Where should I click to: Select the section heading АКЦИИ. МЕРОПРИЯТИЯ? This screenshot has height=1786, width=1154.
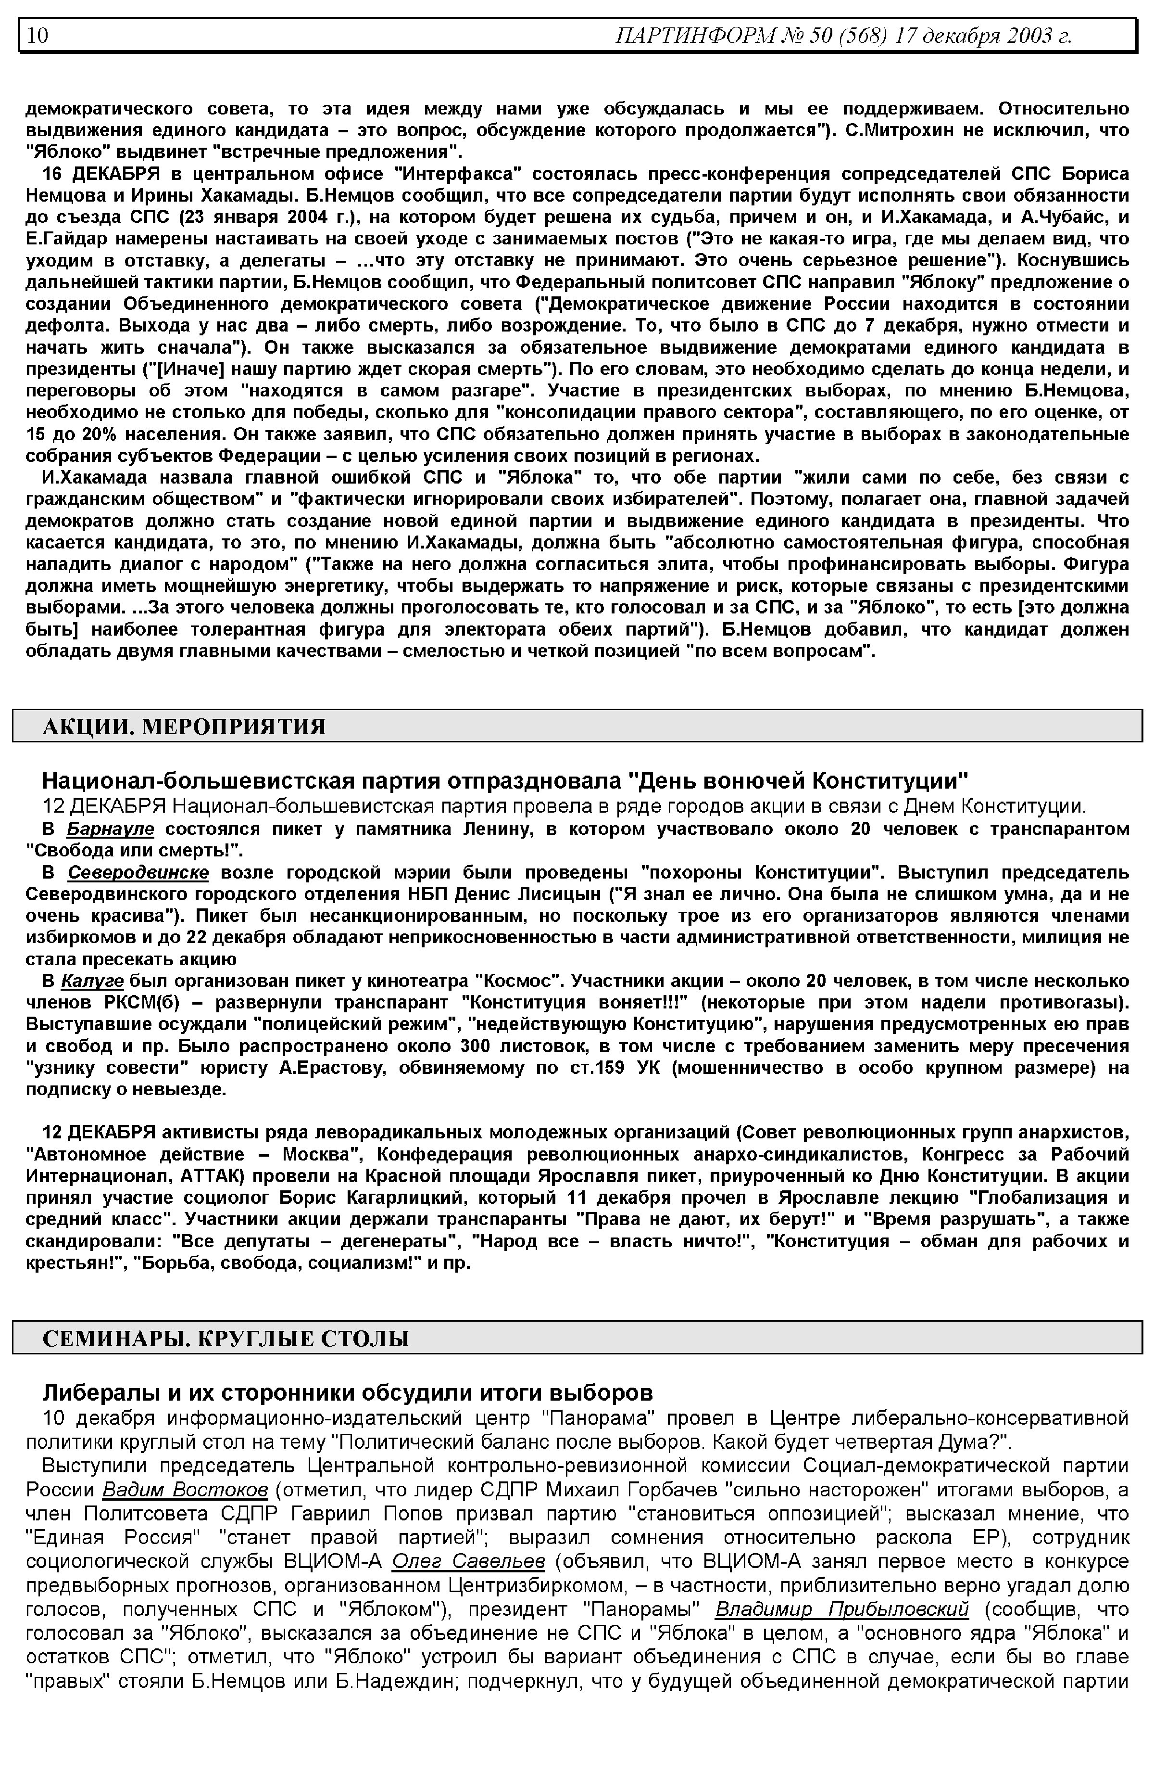click(184, 727)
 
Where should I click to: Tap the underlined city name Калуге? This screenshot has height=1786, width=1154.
click(92, 981)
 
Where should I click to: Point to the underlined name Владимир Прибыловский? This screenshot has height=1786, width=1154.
click(841, 1609)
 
